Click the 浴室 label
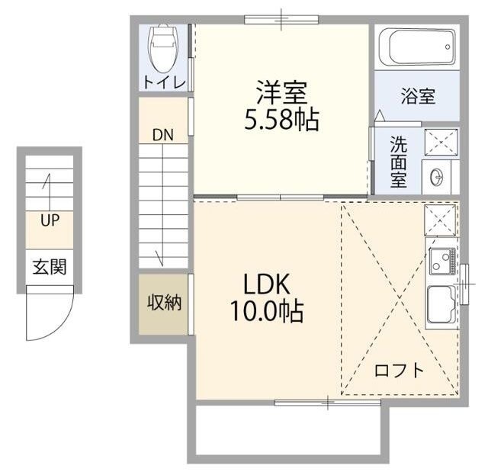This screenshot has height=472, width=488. click(x=418, y=97)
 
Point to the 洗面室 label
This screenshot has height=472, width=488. click(x=399, y=162)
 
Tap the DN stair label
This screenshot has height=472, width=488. click(x=162, y=136)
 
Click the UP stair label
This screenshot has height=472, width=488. click(x=51, y=221)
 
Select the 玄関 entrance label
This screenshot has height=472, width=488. click(x=49, y=267)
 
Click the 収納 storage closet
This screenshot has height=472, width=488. click(x=164, y=303)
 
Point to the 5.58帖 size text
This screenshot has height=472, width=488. click(x=281, y=120)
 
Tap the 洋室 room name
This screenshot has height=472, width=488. click(x=281, y=93)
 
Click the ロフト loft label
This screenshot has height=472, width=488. click(x=399, y=371)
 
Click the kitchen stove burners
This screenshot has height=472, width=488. click(x=440, y=262)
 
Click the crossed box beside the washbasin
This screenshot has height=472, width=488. click(x=438, y=143)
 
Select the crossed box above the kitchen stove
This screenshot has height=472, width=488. click(x=440, y=220)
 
